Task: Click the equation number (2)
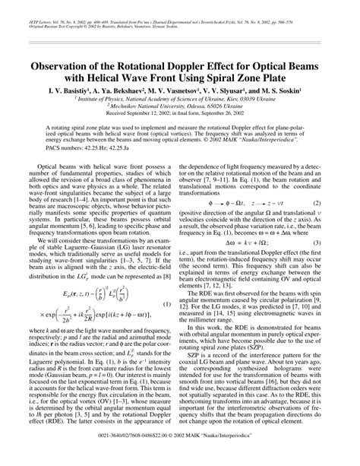point(344,225)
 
